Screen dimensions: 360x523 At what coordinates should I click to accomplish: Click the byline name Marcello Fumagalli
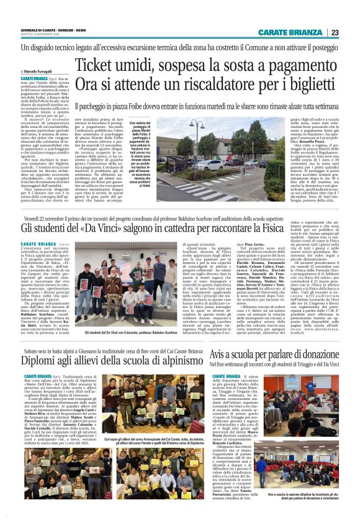(38, 72)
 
